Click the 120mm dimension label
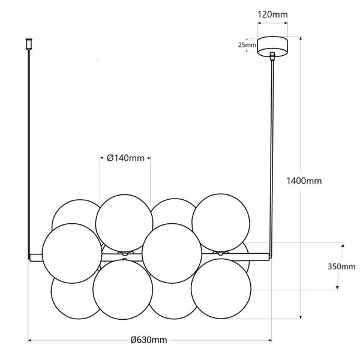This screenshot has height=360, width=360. (272, 14)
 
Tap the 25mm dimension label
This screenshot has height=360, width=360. (247, 45)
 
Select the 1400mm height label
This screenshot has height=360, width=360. (304, 181)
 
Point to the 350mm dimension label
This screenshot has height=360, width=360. (341, 266)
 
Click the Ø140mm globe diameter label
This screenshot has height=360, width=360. (126, 158)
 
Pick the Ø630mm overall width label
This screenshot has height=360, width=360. (149, 340)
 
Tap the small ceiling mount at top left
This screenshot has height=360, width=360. (29, 44)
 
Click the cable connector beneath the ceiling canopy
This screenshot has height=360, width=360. (272, 56)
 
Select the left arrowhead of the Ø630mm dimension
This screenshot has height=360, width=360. (29, 340)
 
